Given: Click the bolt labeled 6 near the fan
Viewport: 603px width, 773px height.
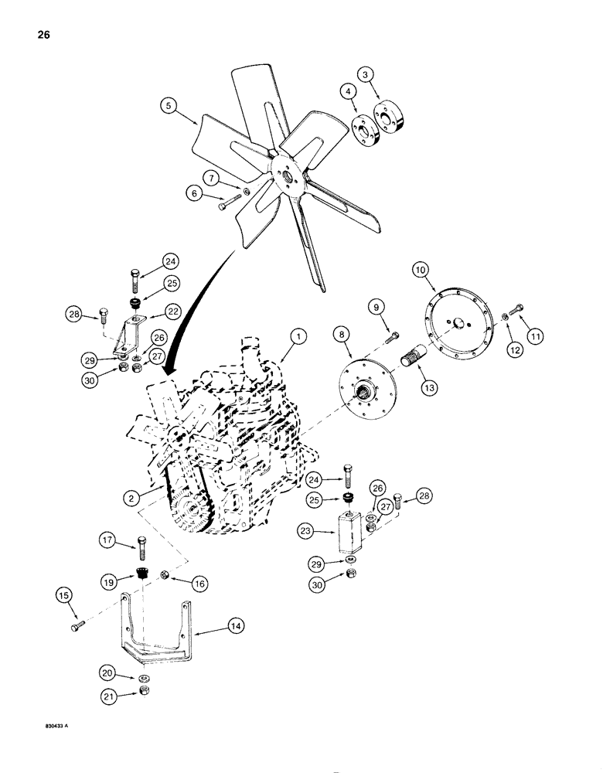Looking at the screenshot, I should (x=224, y=205).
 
